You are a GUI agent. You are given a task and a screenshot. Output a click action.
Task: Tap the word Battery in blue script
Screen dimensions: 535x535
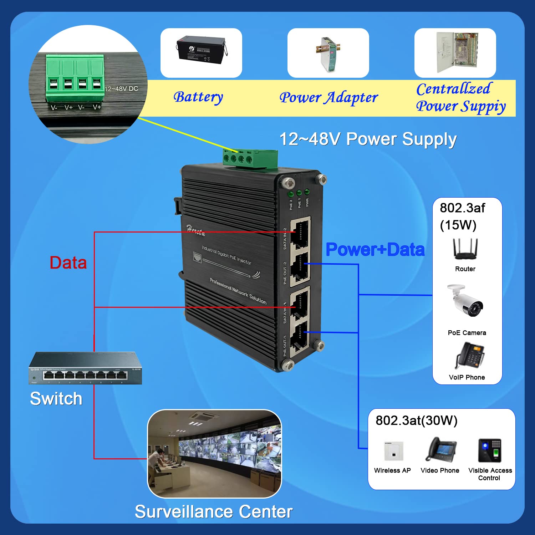coord(198,97)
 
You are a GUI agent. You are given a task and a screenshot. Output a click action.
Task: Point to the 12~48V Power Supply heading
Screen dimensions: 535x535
coord(368,139)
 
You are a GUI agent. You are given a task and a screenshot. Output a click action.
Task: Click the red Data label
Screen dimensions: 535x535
coord(68,263)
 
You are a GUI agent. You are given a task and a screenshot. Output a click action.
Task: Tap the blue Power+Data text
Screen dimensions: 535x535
coord(375,250)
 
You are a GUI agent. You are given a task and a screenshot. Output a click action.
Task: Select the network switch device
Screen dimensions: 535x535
coord(86,368)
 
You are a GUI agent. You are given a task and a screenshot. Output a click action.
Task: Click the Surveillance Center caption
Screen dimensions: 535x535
coord(214,512)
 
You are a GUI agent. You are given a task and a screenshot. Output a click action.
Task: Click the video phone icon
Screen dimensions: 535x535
coord(441,449)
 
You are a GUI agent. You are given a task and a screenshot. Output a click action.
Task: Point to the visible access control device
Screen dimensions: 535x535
coord(490,450)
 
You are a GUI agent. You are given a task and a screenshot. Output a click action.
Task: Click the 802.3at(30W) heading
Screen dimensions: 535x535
coord(416,421)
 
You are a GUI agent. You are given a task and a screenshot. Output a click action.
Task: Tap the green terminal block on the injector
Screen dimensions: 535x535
coord(250,158)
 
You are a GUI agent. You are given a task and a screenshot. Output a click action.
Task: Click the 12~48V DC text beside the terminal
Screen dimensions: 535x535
coord(121,89)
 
